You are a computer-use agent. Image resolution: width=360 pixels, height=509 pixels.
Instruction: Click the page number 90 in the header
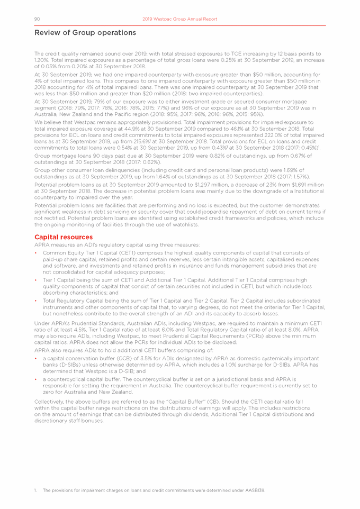[x=38, y=19]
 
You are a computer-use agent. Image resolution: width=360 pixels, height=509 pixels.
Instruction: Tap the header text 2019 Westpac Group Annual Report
[x=180, y=19]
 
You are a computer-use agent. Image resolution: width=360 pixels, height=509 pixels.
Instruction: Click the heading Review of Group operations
[x=85, y=33]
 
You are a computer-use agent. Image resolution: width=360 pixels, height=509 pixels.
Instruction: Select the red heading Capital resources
[x=64, y=237]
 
